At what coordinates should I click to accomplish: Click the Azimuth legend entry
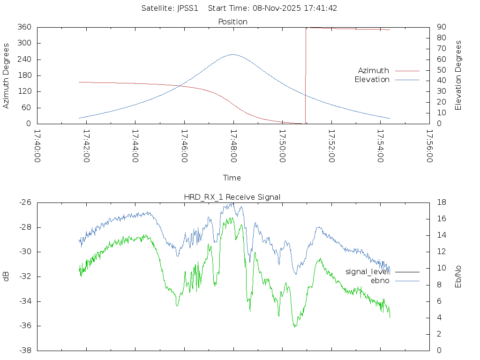(374, 71)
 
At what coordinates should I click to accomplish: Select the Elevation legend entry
(372, 80)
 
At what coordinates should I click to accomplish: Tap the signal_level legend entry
(367, 272)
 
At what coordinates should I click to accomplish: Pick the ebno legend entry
(380, 281)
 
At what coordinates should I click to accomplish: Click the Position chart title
(233, 22)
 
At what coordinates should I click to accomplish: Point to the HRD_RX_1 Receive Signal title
(232, 197)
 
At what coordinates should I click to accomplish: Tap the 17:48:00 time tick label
(233, 146)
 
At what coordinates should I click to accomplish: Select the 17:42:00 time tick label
(86, 146)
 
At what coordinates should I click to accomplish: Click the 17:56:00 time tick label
(429, 146)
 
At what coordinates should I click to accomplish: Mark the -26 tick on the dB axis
(25, 202)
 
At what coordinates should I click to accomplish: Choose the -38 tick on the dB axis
(25, 351)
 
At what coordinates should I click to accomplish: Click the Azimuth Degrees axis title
(7, 75)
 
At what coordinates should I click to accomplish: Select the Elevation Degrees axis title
(458, 75)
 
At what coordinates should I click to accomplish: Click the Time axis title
(232, 178)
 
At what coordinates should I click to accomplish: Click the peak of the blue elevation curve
(233, 54)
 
